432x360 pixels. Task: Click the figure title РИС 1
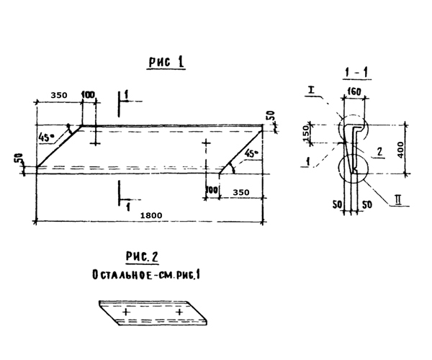[167, 62]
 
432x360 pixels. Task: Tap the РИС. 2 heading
[142, 257]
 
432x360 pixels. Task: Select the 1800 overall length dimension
[151, 215]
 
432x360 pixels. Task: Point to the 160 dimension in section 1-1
[354, 91]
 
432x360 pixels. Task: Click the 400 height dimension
[400, 150]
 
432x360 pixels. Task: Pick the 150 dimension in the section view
[305, 133]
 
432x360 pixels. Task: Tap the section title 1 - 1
[356, 73]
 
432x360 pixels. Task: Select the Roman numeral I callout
[311, 91]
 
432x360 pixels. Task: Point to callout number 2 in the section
[380, 151]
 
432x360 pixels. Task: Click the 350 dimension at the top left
[59, 95]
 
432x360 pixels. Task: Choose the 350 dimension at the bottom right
[241, 192]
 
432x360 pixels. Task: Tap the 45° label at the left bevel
[45, 137]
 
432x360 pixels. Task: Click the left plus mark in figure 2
[126, 312]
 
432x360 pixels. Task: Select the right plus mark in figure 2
[179, 312]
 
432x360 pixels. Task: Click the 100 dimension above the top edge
[88, 95]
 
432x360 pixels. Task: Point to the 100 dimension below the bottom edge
[212, 190]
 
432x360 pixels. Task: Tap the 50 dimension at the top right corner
[271, 115]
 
